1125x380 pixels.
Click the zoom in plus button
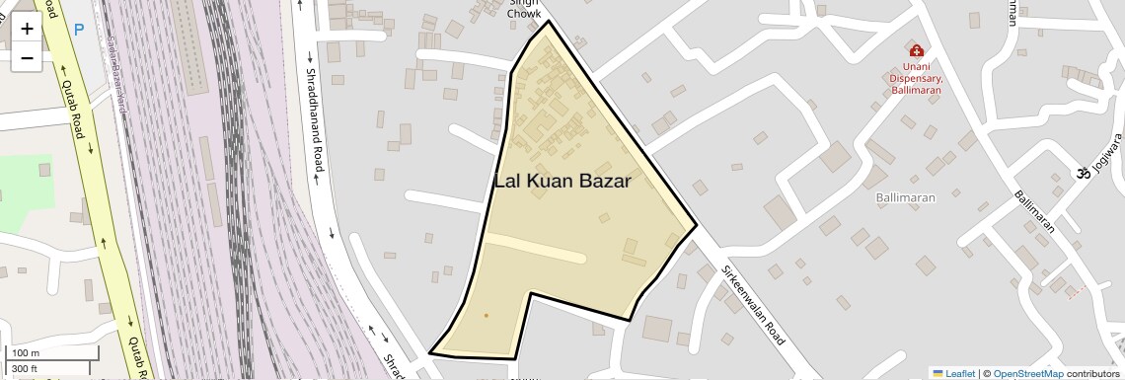click(x=27, y=29)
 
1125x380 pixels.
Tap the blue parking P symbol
click(x=79, y=30)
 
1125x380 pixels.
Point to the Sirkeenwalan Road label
click(x=753, y=304)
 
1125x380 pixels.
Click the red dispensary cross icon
click(x=916, y=50)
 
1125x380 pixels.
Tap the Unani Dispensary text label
click(x=916, y=78)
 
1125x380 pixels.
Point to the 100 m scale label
click(x=26, y=353)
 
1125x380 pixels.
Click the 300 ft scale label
click(x=25, y=369)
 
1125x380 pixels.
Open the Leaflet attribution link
click(x=953, y=373)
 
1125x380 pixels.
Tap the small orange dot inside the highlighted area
click(x=486, y=316)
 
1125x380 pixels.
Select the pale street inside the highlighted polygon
click(x=534, y=248)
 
